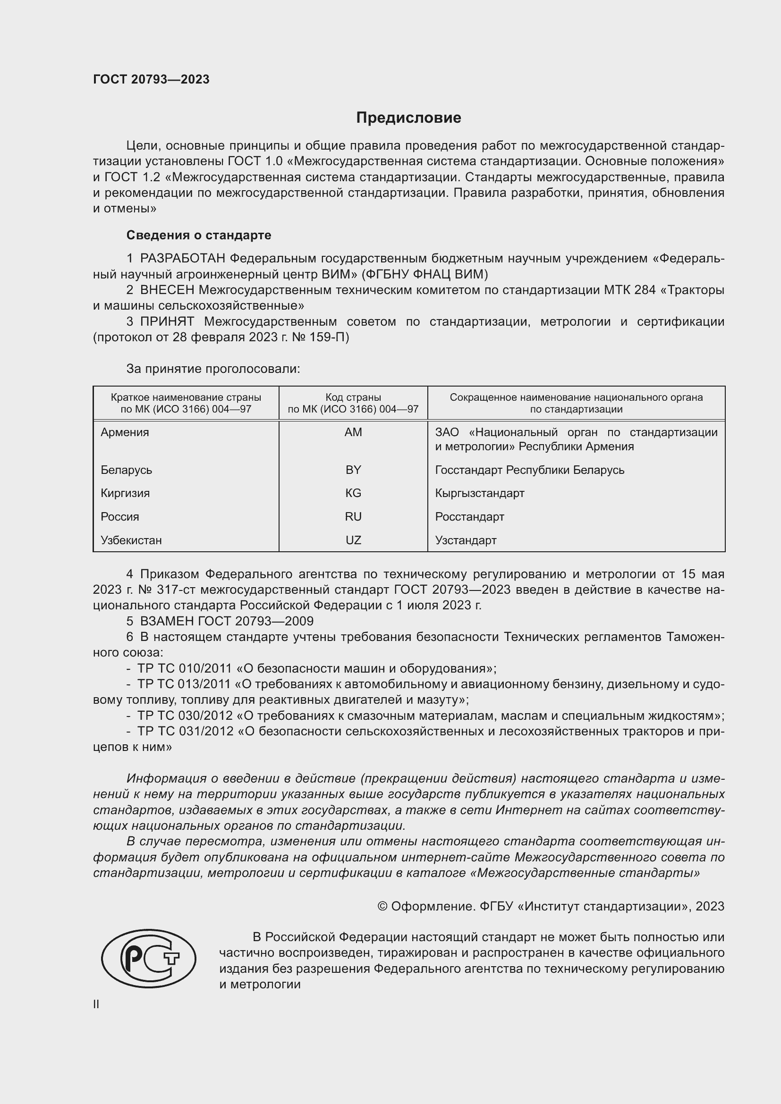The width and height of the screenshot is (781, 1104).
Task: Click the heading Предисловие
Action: click(x=408, y=118)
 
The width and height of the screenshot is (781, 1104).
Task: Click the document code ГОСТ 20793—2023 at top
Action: click(x=151, y=80)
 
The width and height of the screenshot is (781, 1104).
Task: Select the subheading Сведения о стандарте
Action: click(x=199, y=235)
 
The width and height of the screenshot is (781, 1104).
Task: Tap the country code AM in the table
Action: click(x=353, y=432)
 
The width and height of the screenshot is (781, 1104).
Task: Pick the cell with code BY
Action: click(x=353, y=470)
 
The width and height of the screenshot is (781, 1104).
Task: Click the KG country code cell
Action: click(x=353, y=493)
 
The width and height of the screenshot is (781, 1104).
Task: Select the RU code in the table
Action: click(x=353, y=517)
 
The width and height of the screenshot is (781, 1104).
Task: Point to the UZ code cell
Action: click(x=353, y=540)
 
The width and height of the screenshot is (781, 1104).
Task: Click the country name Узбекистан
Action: click(x=131, y=540)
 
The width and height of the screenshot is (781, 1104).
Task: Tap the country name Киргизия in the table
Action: click(x=125, y=493)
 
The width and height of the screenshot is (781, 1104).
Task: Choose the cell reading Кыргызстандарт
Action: click(x=479, y=493)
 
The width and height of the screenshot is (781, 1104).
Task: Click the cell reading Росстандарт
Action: click(x=469, y=517)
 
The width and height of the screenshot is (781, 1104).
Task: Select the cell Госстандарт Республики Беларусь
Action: click(x=529, y=470)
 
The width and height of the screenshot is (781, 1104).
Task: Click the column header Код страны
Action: click(x=353, y=397)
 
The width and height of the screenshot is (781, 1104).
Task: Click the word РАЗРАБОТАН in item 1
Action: click(x=183, y=259)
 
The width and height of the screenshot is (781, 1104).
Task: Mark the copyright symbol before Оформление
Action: click(x=382, y=906)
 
